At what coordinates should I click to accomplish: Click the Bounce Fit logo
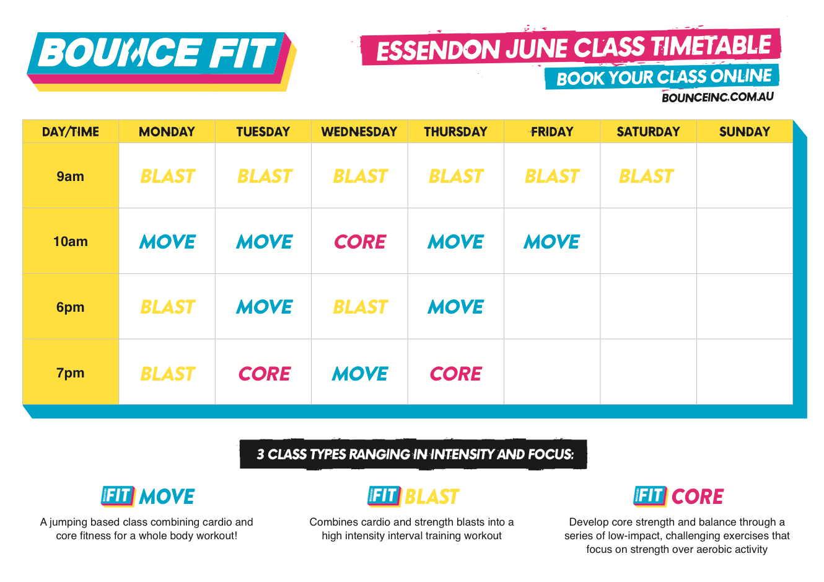[162, 61]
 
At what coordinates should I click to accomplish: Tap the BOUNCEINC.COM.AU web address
[717, 97]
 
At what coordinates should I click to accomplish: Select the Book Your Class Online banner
[662, 77]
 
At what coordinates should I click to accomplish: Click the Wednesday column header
[359, 132]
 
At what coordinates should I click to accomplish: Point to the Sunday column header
[744, 132]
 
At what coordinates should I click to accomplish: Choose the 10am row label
[70, 242]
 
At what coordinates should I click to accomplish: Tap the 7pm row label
[70, 373]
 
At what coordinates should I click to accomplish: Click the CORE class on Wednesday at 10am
[360, 242]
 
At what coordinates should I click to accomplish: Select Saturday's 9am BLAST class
[646, 176]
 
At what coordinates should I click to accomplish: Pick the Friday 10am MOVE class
[552, 242]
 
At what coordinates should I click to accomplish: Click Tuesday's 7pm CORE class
[265, 374]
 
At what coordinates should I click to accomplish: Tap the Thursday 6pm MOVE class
[455, 307]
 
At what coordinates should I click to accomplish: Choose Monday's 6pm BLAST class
[167, 307]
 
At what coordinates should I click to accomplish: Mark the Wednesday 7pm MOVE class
[360, 374]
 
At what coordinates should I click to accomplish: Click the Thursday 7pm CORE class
[455, 374]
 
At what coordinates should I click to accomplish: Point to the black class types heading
[413, 454]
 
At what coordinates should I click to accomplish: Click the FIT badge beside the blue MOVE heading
[118, 496]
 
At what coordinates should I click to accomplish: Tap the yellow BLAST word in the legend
[431, 496]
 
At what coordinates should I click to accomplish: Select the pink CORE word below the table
[698, 496]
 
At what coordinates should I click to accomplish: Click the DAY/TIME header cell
[70, 132]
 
